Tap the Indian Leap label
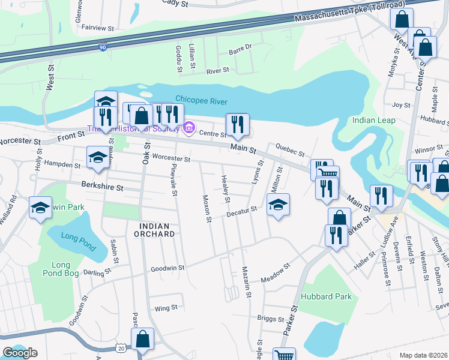coord(373,120)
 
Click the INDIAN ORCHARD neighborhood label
coord(156,230)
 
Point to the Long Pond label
coord(78,234)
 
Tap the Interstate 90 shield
coord(103,46)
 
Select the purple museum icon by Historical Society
coord(189,127)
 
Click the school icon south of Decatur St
coord(278,205)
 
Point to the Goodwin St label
coord(166,269)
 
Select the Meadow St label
coord(276,273)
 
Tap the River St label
coord(218,70)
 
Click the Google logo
coord(20,353)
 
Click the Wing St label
coord(166,308)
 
